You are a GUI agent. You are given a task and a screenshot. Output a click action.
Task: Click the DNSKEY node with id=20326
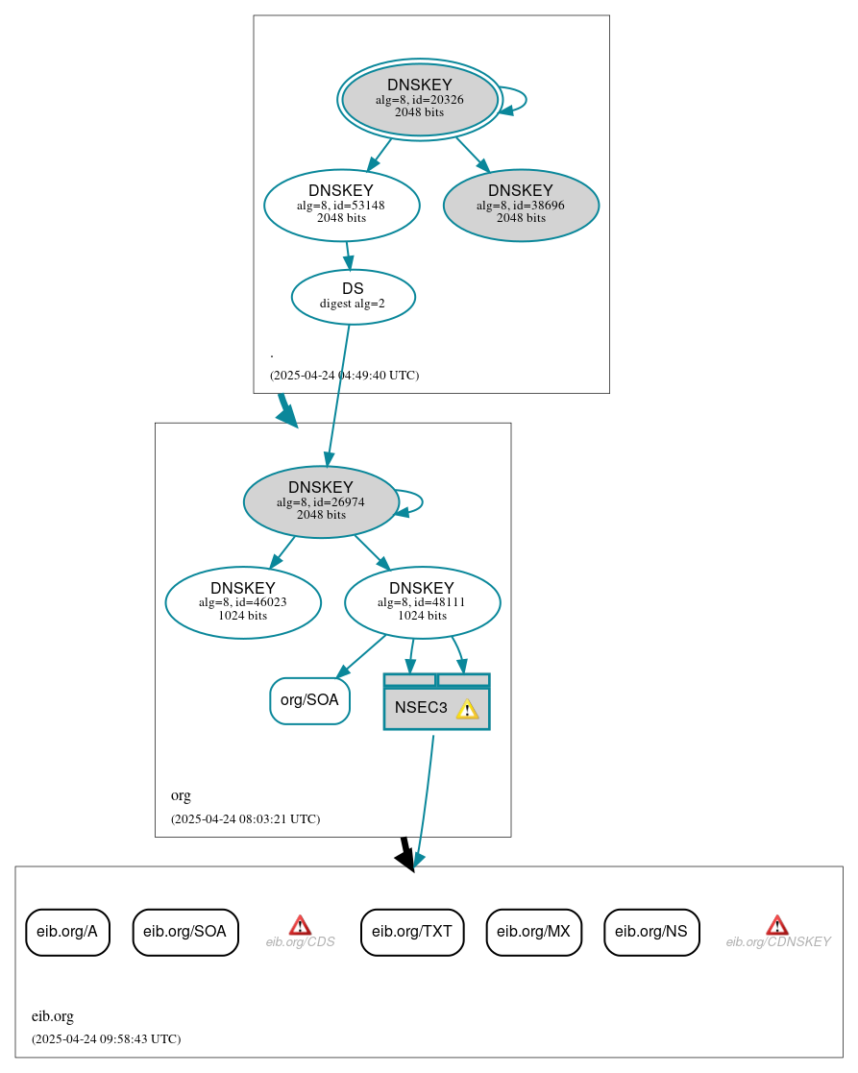[420, 99]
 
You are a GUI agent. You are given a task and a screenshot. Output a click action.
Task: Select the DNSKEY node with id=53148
[341, 205]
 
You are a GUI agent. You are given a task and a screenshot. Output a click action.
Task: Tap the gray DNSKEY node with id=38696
[521, 205]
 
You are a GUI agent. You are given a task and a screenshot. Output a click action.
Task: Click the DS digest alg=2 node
[353, 297]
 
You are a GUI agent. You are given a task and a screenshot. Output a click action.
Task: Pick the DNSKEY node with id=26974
[321, 501]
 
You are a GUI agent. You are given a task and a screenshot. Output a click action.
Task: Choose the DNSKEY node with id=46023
[243, 602]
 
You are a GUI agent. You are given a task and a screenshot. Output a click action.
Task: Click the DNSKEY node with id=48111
[422, 602]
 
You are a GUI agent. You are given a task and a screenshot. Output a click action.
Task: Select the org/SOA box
[309, 700]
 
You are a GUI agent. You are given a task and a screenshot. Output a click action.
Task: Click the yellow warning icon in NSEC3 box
[467, 709]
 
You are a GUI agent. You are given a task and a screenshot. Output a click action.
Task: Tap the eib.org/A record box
[67, 932]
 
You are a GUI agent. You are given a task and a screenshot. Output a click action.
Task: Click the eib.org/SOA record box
[184, 932]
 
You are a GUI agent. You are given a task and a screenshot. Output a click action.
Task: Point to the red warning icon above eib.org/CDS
[300, 925]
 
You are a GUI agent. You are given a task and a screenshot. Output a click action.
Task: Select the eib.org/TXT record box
[412, 932]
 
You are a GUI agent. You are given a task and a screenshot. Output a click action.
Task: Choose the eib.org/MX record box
[533, 932]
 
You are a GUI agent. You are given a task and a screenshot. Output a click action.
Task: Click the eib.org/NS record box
[651, 932]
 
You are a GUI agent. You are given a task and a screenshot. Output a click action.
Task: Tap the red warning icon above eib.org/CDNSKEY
[777, 925]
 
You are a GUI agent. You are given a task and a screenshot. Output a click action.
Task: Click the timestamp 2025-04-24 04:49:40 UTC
[344, 376]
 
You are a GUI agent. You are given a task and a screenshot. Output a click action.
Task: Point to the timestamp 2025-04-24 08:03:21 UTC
[245, 819]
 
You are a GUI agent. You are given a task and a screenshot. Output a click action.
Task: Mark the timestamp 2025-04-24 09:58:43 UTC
[106, 1039]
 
